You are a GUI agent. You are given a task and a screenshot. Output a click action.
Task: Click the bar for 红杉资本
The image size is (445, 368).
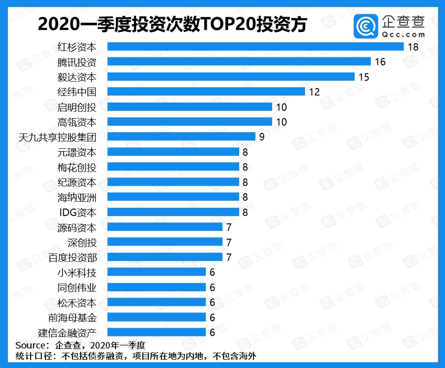point(255,46)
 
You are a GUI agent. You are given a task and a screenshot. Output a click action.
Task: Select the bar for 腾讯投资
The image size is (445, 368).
point(239,62)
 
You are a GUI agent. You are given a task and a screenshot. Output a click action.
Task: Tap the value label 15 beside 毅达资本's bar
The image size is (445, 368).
point(363,77)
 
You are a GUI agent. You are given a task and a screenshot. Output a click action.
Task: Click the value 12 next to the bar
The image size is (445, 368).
point(314,92)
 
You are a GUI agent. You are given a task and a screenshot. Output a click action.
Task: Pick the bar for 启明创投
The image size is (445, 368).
point(190,107)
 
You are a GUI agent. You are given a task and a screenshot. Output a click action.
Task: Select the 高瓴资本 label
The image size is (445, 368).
point(77,122)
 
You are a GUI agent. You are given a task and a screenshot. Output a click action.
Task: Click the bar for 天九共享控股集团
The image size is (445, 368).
point(181,137)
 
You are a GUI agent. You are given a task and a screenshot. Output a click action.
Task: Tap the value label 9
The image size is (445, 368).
point(261,137)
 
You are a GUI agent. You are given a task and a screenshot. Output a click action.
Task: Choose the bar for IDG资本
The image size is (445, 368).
point(173,212)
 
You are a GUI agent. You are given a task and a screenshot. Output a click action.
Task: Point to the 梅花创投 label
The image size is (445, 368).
point(77,167)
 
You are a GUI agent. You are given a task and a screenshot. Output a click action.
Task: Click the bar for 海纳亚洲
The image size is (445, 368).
point(173,197)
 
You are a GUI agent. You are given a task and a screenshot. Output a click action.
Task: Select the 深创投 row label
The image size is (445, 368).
point(82,242)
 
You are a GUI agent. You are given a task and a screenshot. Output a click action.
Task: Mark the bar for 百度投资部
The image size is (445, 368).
point(165,257)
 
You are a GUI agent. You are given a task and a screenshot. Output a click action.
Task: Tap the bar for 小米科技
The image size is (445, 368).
point(157,272)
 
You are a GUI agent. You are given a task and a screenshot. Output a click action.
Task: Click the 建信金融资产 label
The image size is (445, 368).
point(67,332)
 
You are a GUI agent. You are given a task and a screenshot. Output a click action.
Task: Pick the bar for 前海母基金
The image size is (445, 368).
point(157,317)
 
